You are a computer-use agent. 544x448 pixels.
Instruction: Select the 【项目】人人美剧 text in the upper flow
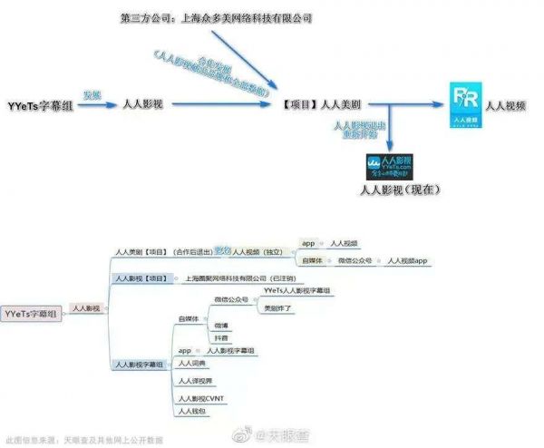[x=323, y=105]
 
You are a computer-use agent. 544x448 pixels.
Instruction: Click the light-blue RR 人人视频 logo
[x=467, y=106]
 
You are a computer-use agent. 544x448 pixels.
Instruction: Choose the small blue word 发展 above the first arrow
[x=92, y=95]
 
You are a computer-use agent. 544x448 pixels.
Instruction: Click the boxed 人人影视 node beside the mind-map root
[x=86, y=308]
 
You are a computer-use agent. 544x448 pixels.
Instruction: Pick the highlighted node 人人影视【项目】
[x=141, y=278]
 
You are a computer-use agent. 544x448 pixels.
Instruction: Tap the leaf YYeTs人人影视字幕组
[x=296, y=290]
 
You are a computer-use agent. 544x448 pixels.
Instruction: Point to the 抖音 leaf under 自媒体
[x=221, y=336]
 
